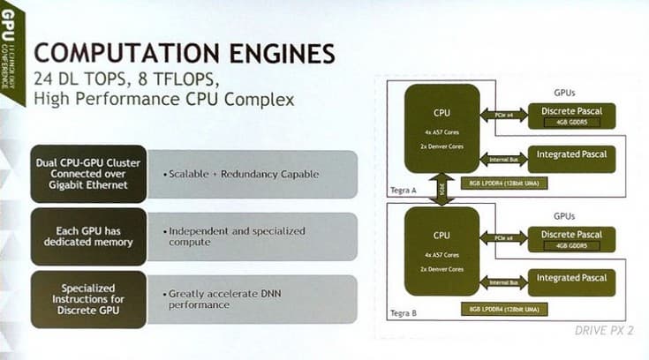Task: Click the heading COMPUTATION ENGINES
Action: click(x=185, y=51)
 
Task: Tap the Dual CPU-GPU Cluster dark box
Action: click(x=87, y=173)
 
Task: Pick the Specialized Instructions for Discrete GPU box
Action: click(x=87, y=298)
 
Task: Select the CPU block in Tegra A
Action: click(x=441, y=128)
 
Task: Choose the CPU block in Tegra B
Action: click(x=441, y=250)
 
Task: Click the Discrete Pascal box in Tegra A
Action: click(x=571, y=115)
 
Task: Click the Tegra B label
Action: click(x=402, y=313)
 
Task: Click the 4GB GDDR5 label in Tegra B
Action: click(x=571, y=246)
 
